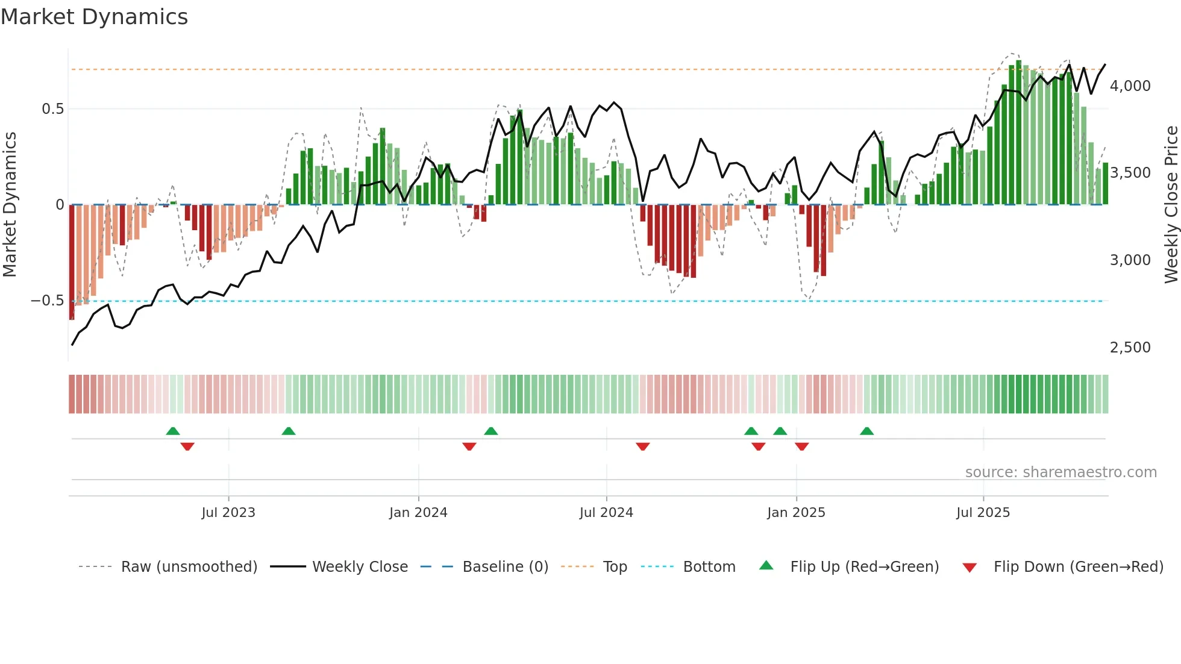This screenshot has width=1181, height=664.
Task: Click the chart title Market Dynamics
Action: click(94, 17)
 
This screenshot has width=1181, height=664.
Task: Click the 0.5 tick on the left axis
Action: click(52, 109)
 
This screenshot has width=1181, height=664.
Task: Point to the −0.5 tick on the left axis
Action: click(47, 301)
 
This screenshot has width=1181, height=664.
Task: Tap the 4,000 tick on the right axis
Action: click(1130, 86)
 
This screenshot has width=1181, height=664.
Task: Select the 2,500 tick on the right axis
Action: click(1130, 348)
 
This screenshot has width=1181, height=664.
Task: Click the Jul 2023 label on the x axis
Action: click(228, 513)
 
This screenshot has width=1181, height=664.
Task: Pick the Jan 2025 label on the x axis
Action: click(796, 513)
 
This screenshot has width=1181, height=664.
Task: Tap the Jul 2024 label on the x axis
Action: click(606, 513)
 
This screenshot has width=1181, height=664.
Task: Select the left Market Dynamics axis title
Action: click(10, 205)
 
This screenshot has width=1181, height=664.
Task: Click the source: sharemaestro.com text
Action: click(1060, 472)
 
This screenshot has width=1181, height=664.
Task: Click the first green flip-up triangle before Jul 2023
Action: click(173, 431)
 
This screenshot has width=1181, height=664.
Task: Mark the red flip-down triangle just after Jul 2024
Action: click(643, 446)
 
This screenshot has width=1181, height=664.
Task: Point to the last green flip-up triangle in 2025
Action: click(866, 431)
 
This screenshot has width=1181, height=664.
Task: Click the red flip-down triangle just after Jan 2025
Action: click(801, 446)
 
